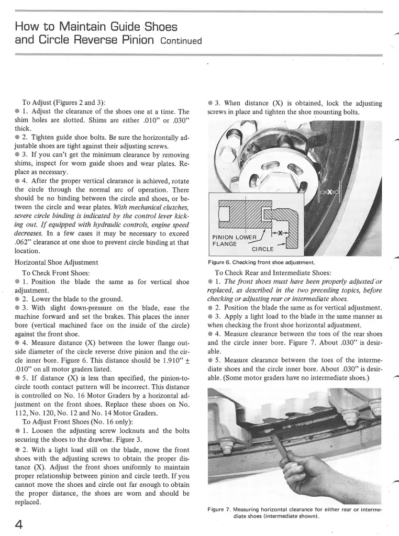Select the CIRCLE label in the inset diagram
click(x=263, y=249)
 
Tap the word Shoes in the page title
click(x=157, y=26)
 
